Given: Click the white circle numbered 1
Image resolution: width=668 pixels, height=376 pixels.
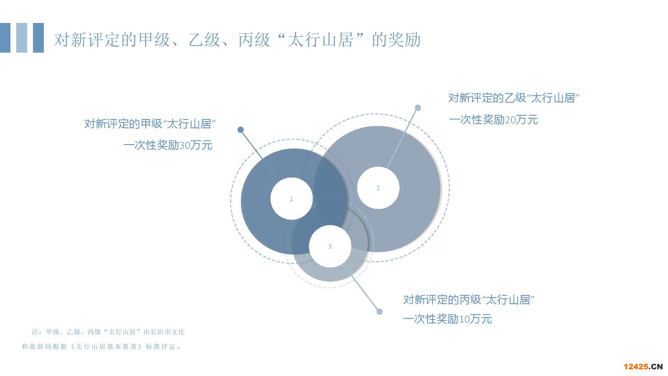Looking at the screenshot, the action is pyautogui.click(x=291, y=199).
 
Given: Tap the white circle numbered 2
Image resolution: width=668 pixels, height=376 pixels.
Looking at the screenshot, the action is pyautogui.click(x=378, y=188).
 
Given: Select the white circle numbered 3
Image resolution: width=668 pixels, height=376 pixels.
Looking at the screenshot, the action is pyautogui.click(x=330, y=246).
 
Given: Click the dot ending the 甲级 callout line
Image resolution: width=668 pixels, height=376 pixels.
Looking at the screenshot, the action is pyautogui.click(x=240, y=130).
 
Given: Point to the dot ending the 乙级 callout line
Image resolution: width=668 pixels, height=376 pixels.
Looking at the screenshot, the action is pyautogui.click(x=418, y=108).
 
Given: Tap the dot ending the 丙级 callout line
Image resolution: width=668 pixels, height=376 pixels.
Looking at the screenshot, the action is pyautogui.click(x=380, y=312).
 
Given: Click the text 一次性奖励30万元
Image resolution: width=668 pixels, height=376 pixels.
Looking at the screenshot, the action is pyautogui.click(x=168, y=145).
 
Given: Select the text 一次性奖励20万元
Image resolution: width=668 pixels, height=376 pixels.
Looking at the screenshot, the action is pyautogui.click(x=493, y=119).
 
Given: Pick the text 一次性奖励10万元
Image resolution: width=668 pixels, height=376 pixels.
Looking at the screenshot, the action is pyautogui.click(x=447, y=319).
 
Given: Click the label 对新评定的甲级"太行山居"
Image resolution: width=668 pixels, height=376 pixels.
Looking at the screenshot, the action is pyautogui.click(x=150, y=124).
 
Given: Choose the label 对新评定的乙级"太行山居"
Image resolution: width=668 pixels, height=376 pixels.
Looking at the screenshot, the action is pyautogui.click(x=514, y=98).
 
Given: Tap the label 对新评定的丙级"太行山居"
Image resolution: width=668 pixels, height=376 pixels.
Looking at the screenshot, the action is pyautogui.click(x=469, y=300).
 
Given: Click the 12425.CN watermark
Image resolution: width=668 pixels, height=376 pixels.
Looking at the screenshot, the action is pyautogui.click(x=643, y=366).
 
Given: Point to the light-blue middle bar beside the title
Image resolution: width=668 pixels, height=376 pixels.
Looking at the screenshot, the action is pyautogui.click(x=22, y=38).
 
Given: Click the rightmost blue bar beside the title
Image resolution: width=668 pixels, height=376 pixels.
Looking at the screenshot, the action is pyautogui.click(x=38, y=38).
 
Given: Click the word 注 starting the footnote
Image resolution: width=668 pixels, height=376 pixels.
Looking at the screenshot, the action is pyautogui.click(x=35, y=332).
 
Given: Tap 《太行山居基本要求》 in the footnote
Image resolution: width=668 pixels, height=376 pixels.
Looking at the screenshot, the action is pyautogui.click(x=106, y=346).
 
